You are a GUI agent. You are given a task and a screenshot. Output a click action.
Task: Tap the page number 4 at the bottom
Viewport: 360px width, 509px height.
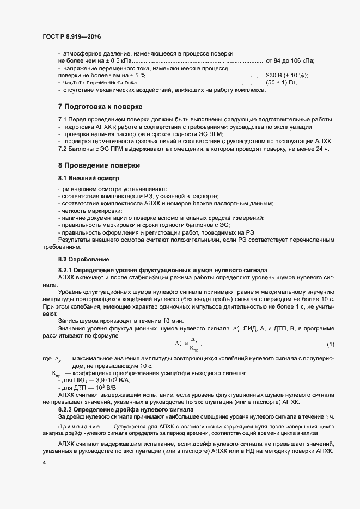[x=44, y=462]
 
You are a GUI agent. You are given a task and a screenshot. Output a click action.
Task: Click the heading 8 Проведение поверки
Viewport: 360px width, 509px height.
[x=99, y=164]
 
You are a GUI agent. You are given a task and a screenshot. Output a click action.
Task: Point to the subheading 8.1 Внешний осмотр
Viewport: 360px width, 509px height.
[x=89, y=178]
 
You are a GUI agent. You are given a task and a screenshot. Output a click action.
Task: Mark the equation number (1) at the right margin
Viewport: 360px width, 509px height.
[x=330, y=345]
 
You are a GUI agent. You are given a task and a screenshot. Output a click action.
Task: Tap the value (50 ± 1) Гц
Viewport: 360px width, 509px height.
[x=285, y=82]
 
